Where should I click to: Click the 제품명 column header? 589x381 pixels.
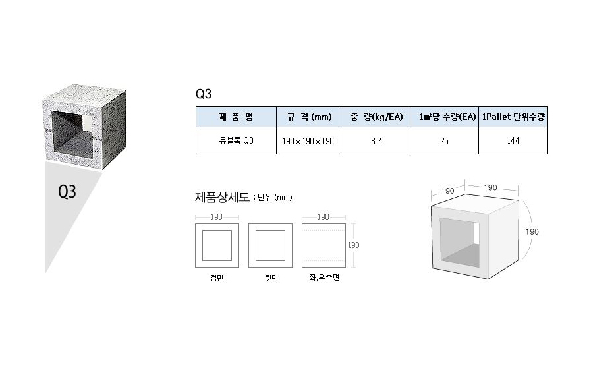pos(236,117)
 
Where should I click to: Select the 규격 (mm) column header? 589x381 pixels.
pos(309,117)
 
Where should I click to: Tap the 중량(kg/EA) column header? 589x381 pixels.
pos(376,117)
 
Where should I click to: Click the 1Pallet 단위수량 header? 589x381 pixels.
pos(513,117)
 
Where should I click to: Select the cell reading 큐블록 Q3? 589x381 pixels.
pos(237,140)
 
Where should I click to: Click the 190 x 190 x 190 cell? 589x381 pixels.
pos(308,141)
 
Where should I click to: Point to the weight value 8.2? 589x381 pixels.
pos(376,141)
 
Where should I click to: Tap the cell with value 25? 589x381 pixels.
pos(444,141)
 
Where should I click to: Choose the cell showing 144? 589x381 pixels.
pos(513,140)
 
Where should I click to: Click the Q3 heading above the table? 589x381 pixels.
pos(204,94)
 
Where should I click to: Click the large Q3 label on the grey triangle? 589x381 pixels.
pos(67,192)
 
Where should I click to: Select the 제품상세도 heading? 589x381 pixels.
pos(222,197)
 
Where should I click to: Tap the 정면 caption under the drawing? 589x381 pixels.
pos(217,278)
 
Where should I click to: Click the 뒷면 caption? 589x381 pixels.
pos(271,278)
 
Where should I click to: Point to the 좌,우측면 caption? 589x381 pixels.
pos(323,278)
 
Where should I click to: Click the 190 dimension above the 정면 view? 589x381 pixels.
pos(216,217)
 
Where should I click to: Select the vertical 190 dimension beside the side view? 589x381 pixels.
pos(353,245)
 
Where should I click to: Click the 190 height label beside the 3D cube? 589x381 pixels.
pos(532,232)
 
